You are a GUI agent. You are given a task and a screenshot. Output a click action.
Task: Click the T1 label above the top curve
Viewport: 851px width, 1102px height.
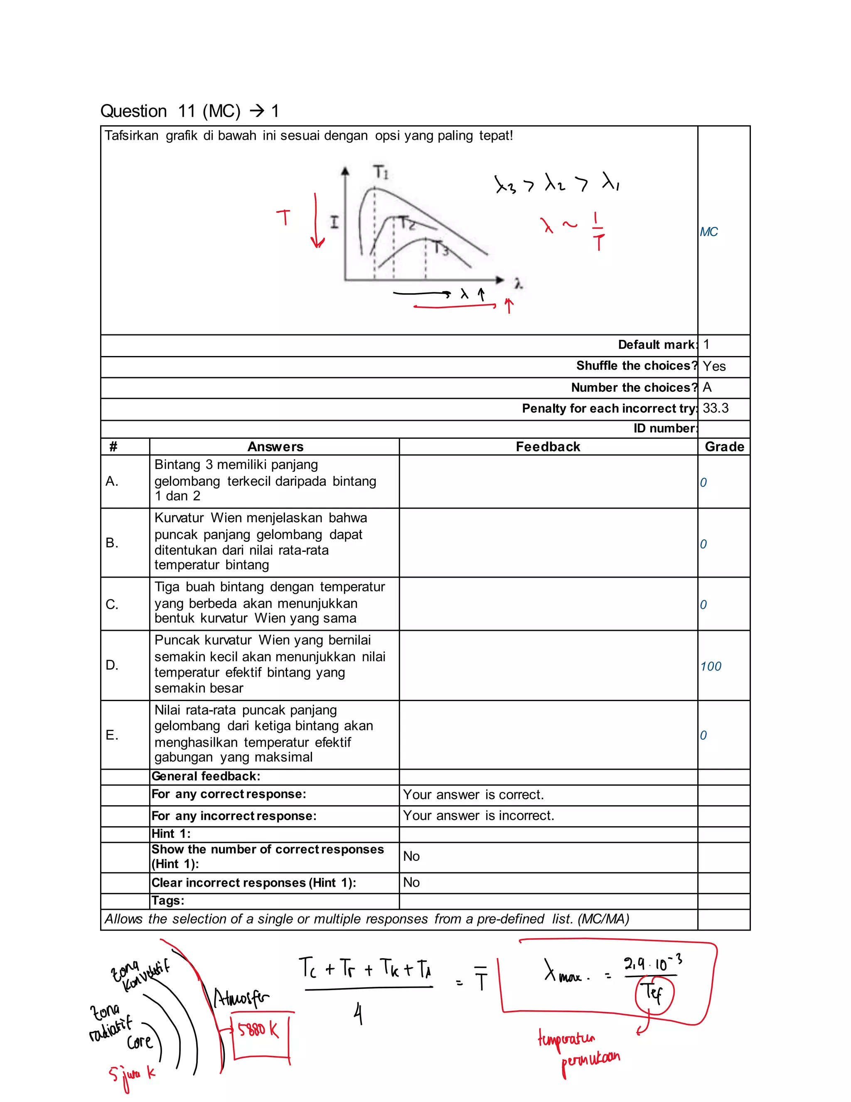pyautogui.click(x=381, y=172)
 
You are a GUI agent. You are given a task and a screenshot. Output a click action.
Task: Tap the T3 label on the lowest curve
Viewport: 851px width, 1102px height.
pyautogui.click(x=441, y=248)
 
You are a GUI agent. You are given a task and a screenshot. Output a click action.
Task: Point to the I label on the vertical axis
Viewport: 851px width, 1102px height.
pyautogui.click(x=334, y=222)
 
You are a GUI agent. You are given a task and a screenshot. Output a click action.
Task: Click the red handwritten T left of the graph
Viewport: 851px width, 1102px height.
pyautogui.click(x=284, y=217)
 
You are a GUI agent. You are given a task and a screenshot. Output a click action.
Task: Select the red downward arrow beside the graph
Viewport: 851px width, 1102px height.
pyautogui.click(x=317, y=222)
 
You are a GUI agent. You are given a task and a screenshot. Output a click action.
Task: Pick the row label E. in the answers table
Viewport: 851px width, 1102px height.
pyautogui.click(x=112, y=735)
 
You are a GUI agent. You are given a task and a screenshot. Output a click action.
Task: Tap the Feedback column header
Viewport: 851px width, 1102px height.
pyautogui.click(x=548, y=447)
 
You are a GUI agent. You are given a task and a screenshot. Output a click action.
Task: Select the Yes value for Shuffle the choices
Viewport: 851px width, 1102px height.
pyautogui.click(x=714, y=366)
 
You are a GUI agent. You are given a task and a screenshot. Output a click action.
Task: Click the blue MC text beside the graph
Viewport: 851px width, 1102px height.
pyautogui.click(x=708, y=232)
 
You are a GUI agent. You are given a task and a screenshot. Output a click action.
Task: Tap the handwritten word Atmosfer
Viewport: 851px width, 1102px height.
pyautogui.click(x=241, y=998)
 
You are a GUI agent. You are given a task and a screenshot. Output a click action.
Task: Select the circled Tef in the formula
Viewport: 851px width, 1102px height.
pyautogui.click(x=654, y=994)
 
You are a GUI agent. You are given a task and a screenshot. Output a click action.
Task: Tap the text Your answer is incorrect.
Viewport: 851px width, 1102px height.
pyautogui.click(x=478, y=815)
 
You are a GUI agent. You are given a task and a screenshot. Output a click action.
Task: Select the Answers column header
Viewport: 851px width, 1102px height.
pyautogui.click(x=275, y=447)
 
